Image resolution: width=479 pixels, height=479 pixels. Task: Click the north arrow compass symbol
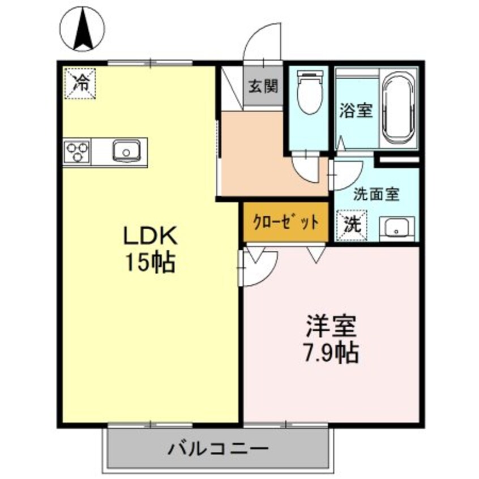[83, 29]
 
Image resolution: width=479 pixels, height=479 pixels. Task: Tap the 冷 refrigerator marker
[81, 83]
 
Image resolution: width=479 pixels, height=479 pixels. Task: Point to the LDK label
[151, 234]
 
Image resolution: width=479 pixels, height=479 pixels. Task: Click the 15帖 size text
[151, 262]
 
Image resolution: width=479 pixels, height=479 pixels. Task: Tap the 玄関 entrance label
[263, 87]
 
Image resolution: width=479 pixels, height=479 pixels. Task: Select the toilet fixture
[309, 93]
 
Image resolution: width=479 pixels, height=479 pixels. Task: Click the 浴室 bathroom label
[356, 110]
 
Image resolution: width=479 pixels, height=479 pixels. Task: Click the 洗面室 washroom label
[377, 194]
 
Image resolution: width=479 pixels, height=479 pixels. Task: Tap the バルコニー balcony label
[217, 450]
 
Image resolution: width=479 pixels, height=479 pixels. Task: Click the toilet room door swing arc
[306, 168]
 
